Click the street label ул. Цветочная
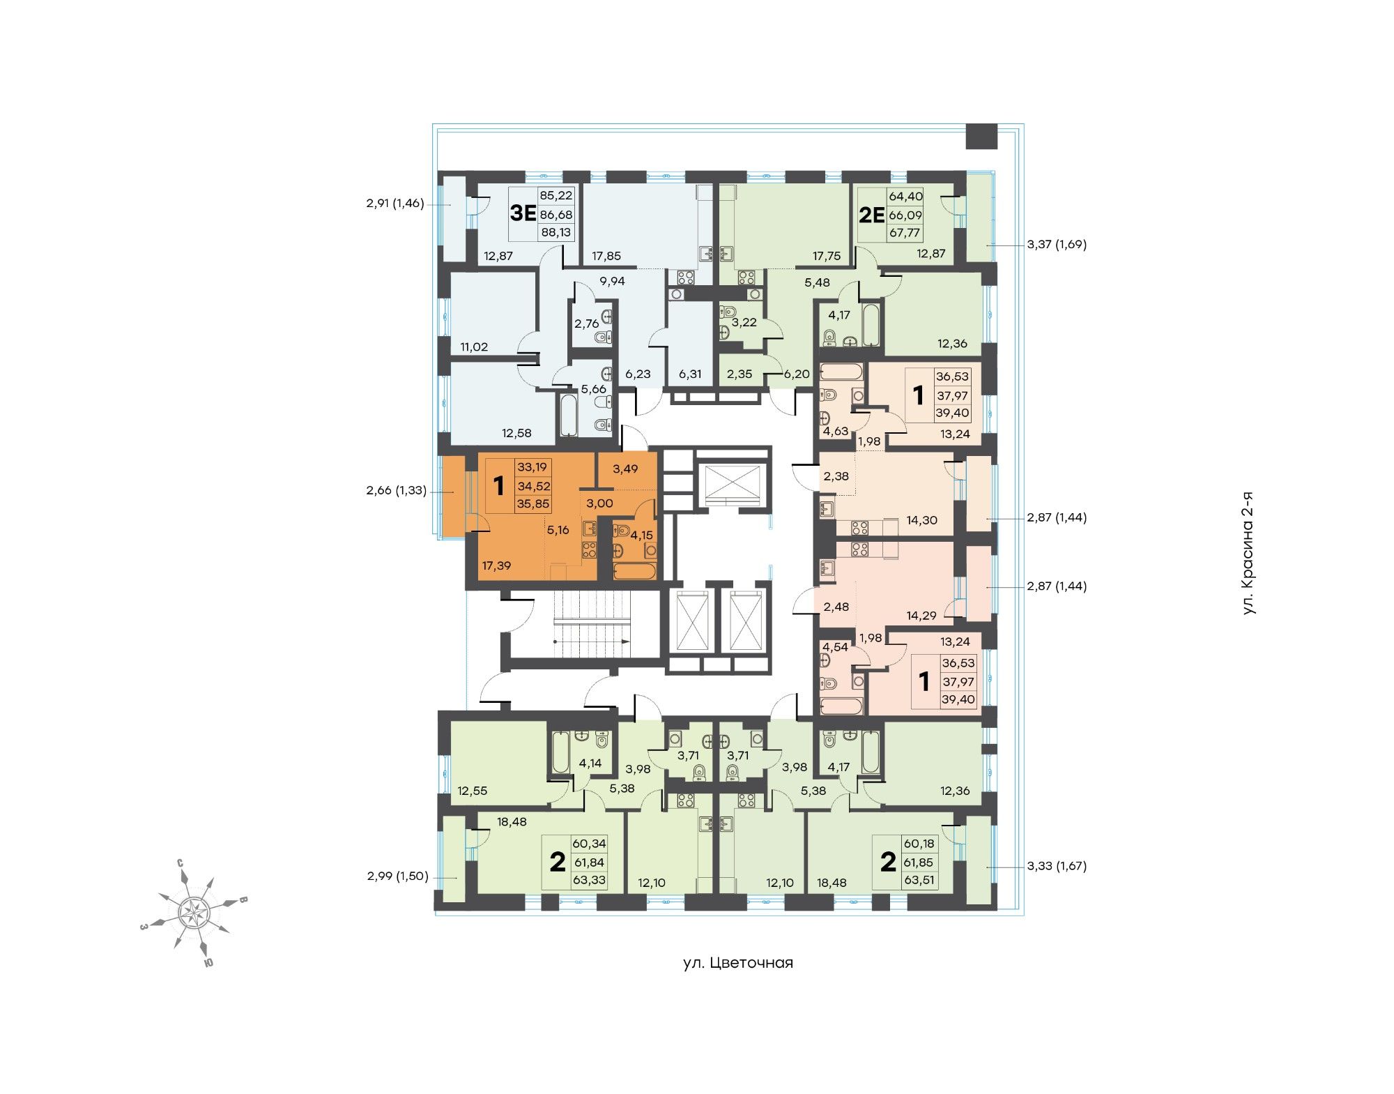coord(738,963)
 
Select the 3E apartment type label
coord(522,213)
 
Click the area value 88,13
coord(556,232)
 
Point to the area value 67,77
coord(904,233)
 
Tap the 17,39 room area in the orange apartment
coord(496,565)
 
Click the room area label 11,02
coord(474,347)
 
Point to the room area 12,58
coord(516,433)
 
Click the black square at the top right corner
coord(981,136)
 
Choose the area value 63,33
coord(589,880)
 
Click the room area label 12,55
coord(473,791)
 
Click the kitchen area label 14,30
coord(921,519)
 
